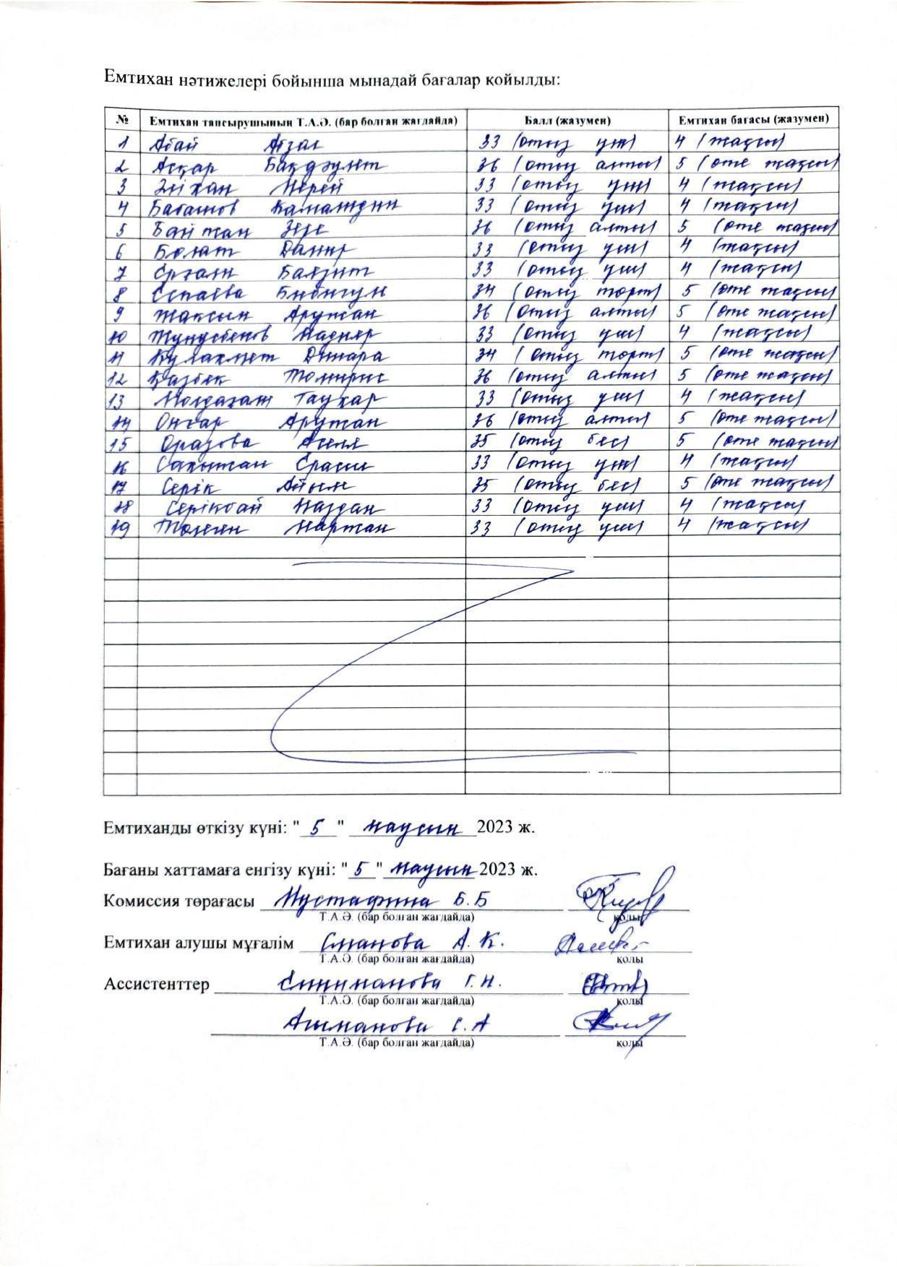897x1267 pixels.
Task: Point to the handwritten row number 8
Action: coord(121,293)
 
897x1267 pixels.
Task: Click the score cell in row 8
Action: coord(567,292)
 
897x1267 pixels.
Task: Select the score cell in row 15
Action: coord(567,440)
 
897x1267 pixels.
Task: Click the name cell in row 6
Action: coord(301,250)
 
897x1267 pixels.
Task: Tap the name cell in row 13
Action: coord(301,398)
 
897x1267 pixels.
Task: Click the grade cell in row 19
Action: coord(754,526)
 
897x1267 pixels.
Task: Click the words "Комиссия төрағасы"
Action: coord(179,901)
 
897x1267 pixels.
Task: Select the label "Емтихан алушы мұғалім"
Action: coord(199,943)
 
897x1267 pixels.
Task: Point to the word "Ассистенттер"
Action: coord(157,985)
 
